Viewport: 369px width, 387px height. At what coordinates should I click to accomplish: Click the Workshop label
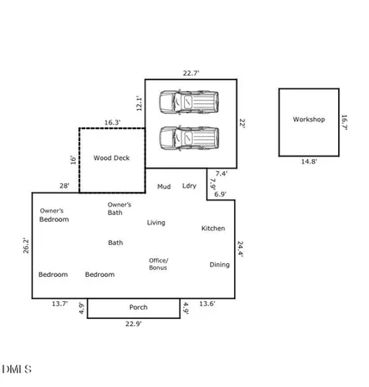click(x=309, y=120)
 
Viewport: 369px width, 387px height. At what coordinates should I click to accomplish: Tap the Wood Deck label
click(x=111, y=158)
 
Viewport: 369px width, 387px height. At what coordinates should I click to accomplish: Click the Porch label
click(x=138, y=307)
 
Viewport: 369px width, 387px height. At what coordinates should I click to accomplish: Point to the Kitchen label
click(x=213, y=228)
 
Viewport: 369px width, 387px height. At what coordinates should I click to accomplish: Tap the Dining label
click(x=219, y=264)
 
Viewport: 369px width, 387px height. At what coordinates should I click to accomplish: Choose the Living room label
click(x=156, y=223)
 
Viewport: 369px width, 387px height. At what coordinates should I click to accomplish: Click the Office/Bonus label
click(x=158, y=264)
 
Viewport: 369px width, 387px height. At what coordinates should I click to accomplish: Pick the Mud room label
click(x=163, y=186)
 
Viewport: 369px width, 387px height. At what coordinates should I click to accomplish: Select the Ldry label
click(x=189, y=186)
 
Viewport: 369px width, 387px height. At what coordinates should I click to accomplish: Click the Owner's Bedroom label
click(x=52, y=215)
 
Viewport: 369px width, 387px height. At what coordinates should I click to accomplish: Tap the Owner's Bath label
click(x=119, y=208)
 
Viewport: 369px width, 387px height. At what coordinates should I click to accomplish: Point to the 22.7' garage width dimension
click(x=190, y=72)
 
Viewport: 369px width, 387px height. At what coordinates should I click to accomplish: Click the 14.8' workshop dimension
click(x=309, y=163)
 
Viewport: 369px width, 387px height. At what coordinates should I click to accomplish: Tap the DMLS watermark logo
click(x=16, y=370)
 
